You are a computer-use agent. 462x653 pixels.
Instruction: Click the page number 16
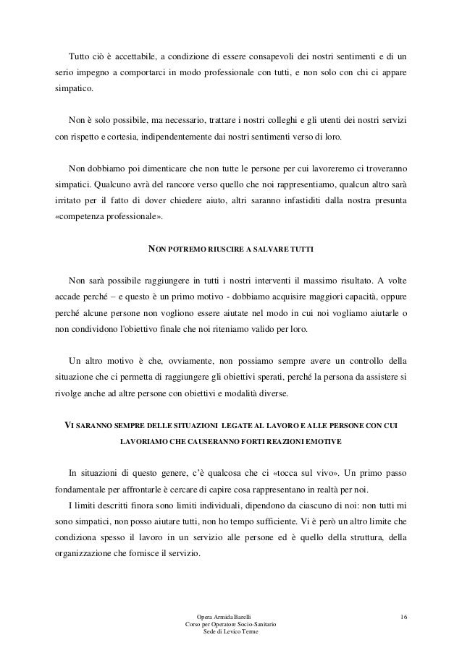pos(403,616)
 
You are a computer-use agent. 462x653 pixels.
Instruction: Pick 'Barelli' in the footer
pos(243,616)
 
